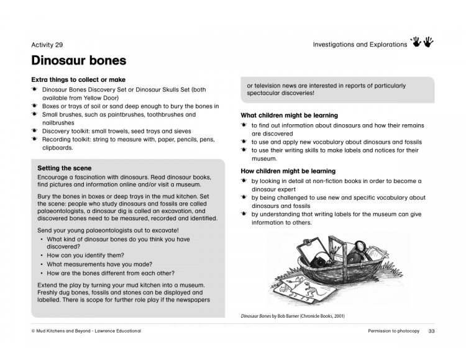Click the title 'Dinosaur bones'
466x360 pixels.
[x=78, y=61]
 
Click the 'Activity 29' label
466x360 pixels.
[x=47, y=45]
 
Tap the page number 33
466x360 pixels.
[x=431, y=331]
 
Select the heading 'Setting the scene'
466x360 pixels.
[x=64, y=168]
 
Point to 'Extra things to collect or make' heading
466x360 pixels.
[x=78, y=79]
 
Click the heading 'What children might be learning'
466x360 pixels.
[x=289, y=115]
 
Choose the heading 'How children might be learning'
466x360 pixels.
[x=288, y=171]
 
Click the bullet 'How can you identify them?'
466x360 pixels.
[x=85, y=255]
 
